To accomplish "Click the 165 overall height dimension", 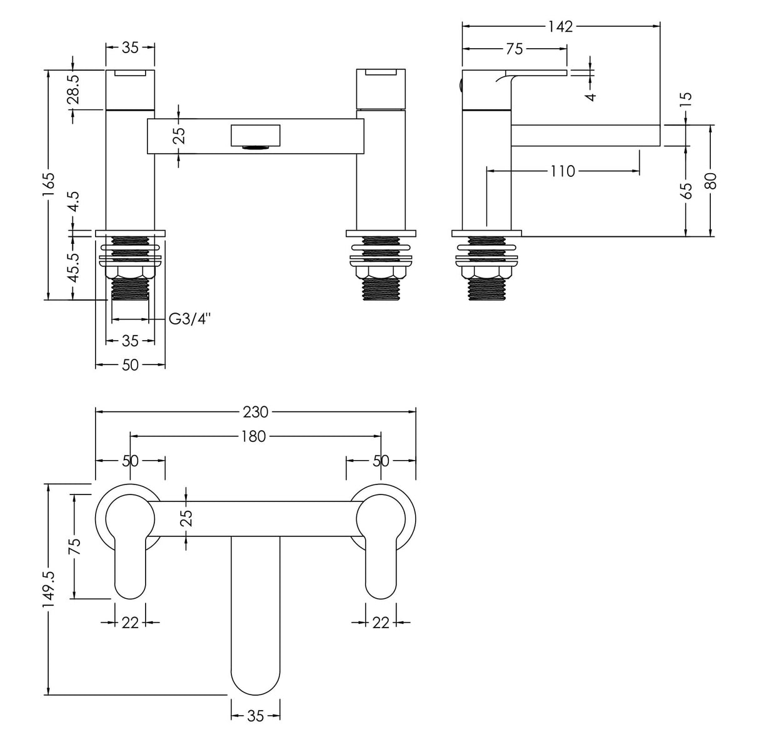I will [49, 185].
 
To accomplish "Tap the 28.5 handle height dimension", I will [74, 89].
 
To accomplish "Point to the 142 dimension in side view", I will [560, 26].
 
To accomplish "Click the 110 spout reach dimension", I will [563, 171].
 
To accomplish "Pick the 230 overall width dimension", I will [255, 412].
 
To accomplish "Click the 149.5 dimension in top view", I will [49, 588].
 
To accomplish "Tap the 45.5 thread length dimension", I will [74, 267].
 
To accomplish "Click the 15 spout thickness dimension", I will [686, 98].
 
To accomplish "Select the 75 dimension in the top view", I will [74, 546].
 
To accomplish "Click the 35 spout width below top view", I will [255, 716].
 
